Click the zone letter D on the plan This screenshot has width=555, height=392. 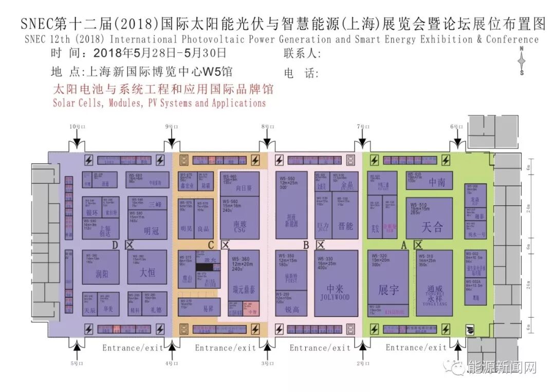pos(115,245)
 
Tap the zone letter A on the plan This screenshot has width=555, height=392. pos(404,245)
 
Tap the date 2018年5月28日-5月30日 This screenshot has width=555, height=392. pos(160,53)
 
